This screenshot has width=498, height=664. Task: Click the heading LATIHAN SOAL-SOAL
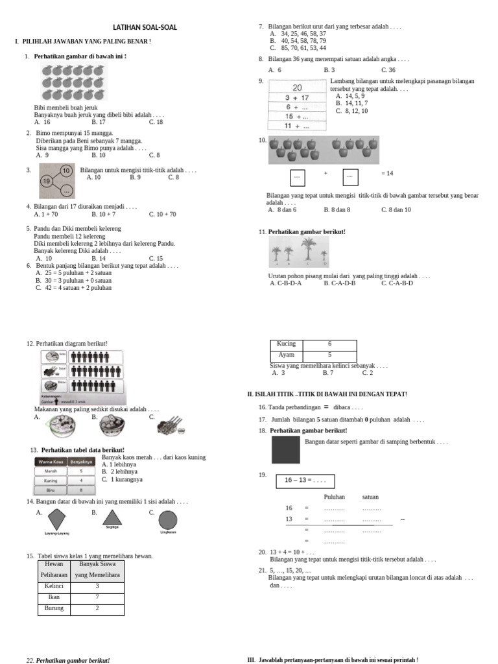(x=145, y=27)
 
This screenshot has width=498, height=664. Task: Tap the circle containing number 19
(x=47, y=181)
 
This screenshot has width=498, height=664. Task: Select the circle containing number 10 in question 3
(x=65, y=171)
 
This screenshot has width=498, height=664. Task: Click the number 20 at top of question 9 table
(x=297, y=88)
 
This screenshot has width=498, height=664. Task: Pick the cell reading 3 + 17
(x=297, y=98)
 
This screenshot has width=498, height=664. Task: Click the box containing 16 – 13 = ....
(x=305, y=481)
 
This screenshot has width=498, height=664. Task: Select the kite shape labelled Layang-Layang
(x=57, y=519)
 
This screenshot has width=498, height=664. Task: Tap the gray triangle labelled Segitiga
(x=112, y=517)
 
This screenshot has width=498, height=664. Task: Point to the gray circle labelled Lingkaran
(x=168, y=519)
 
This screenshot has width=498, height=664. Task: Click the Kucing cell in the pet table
(x=286, y=344)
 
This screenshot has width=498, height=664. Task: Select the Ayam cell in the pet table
(x=286, y=355)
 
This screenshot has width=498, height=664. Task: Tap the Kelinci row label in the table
(x=54, y=586)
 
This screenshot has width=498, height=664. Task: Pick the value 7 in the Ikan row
(x=97, y=597)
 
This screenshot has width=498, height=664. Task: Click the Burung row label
(x=54, y=608)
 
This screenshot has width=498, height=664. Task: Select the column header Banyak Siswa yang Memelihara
(x=97, y=569)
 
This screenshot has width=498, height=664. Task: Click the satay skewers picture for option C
(x=171, y=425)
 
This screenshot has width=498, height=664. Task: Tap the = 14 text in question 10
(x=387, y=174)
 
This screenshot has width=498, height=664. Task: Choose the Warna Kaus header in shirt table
(x=50, y=462)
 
